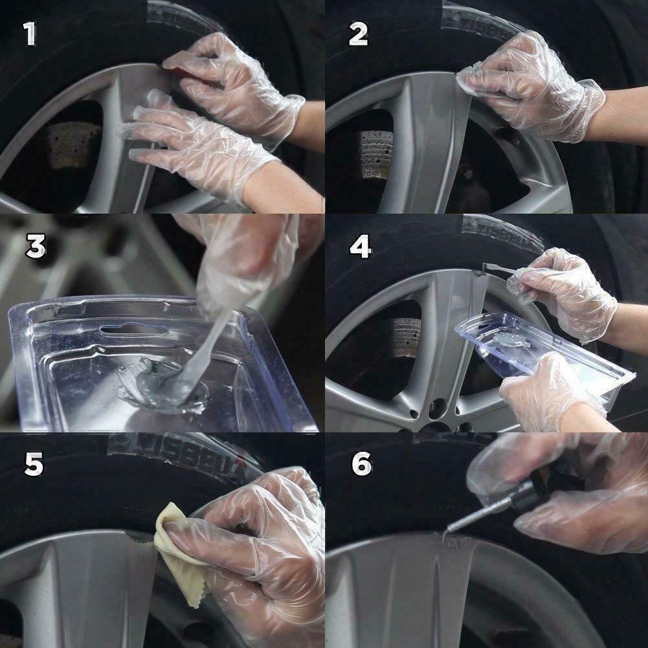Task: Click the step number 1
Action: pyautogui.click(x=29, y=33)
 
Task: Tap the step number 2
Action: pyautogui.click(x=358, y=33)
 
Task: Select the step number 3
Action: pyautogui.click(x=35, y=247)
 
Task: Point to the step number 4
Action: pyautogui.click(x=360, y=247)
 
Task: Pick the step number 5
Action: pyautogui.click(x=34, y=464)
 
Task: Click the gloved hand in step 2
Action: pyautogui.click(x=537, y=84)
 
